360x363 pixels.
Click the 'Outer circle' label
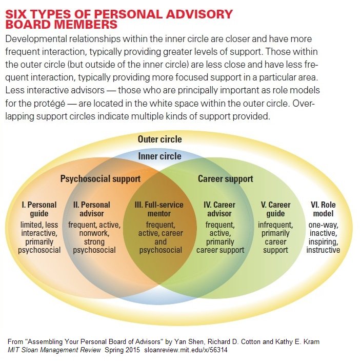(159, 139)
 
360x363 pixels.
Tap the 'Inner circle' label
(159, 156)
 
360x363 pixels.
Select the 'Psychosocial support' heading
(100, 179)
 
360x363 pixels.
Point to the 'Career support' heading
(225, 179)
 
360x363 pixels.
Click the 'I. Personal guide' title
(39, 209)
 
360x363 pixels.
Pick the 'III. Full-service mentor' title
(160, 209)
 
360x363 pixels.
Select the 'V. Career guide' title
(275, 209)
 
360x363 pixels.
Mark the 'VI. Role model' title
(323, 209)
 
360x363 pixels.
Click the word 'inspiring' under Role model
(323, 241)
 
